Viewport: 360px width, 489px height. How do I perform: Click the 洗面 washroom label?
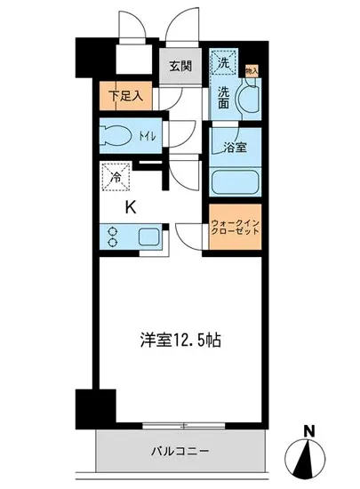pyautogui.click(x=223, y=98)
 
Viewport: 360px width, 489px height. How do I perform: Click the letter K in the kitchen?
pyautogui.click(x=129, y=209)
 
